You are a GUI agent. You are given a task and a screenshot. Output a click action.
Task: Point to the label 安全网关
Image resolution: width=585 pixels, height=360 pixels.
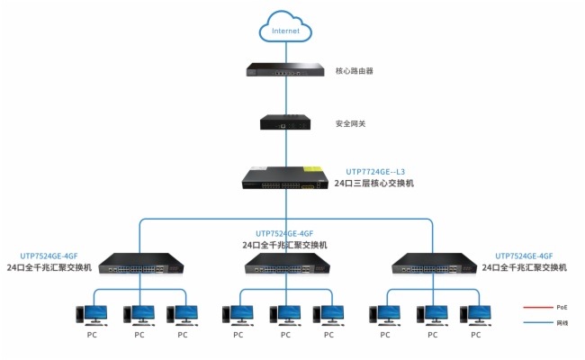click(350, 123)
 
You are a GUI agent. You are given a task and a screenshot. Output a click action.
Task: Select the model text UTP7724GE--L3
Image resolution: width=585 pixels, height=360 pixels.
click(375, 171)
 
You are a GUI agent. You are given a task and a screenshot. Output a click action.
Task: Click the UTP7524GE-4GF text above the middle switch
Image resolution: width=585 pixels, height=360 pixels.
click(284, 233)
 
